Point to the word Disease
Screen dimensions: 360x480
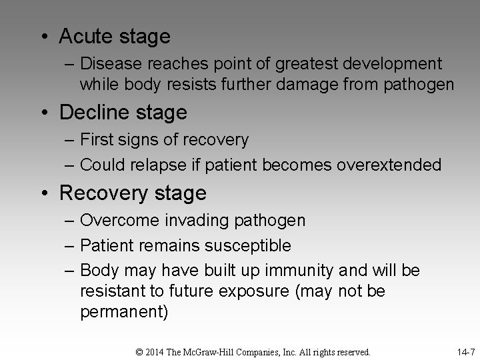[x=109, y=64]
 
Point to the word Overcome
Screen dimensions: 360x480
[x=117, y=220]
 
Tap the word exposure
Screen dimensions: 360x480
[x=245, y=291]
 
